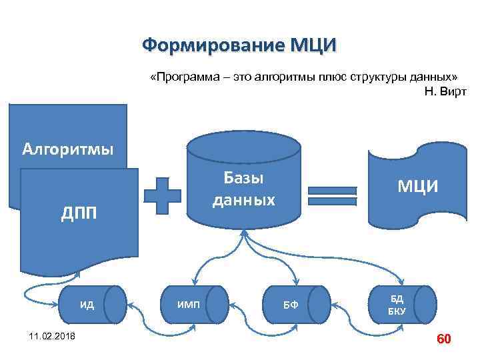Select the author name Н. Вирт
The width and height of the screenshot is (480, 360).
pos(445,90)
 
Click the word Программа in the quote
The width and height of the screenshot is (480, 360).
pos(186,77)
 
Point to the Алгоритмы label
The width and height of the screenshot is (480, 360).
pos(67,147)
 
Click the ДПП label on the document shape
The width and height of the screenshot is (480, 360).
pos(79,213)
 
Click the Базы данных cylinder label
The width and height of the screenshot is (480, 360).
pos(243,189)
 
